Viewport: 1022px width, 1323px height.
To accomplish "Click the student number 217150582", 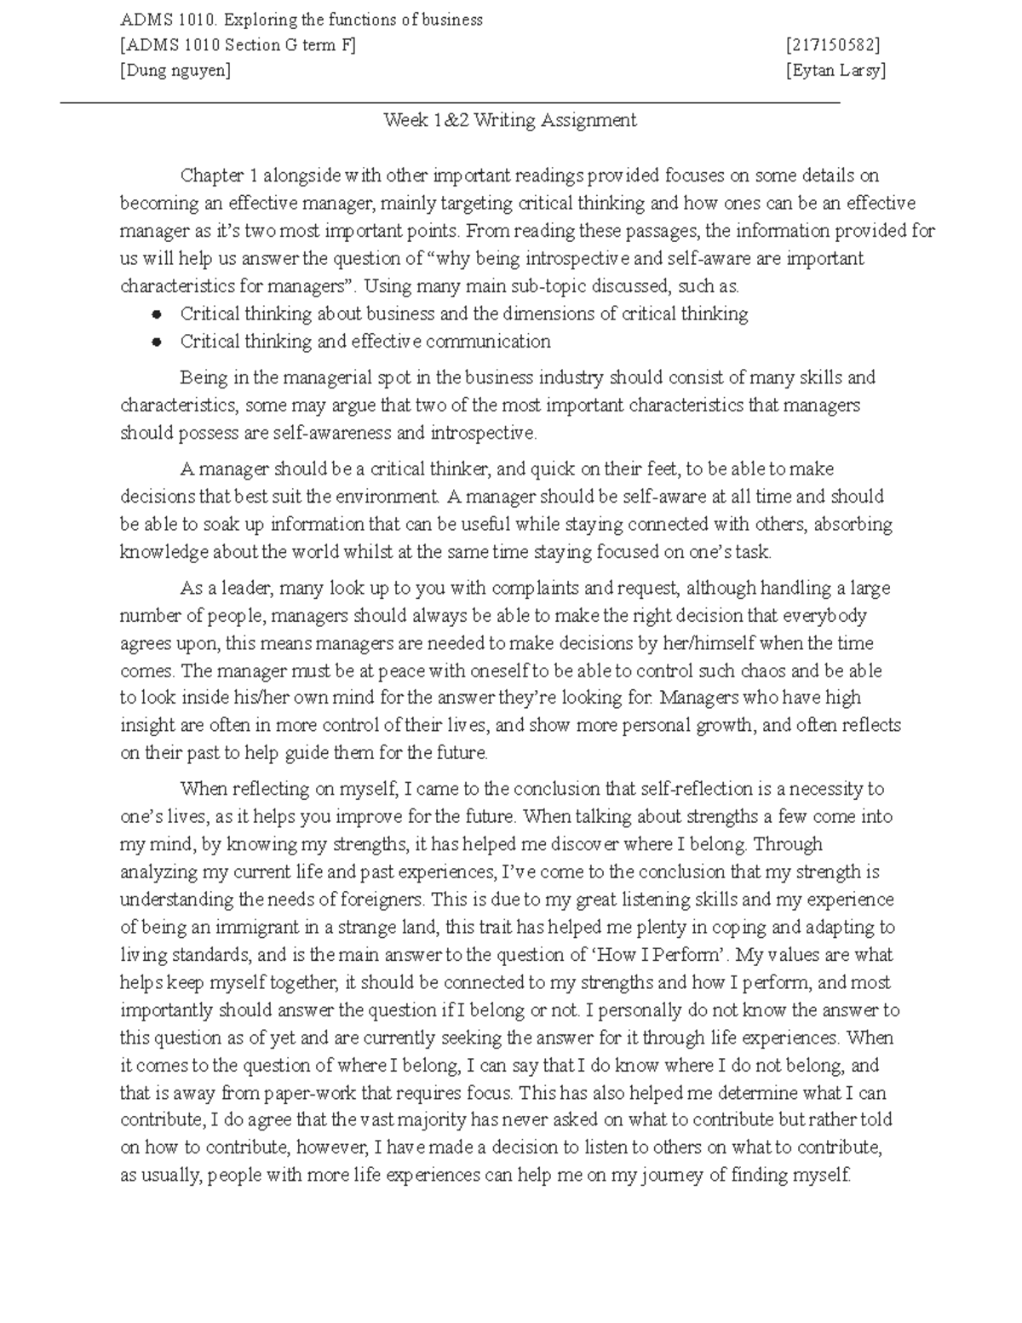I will (834, 45).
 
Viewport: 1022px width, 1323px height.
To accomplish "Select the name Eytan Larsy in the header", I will (835, 71).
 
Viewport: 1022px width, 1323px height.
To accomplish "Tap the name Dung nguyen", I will (175, 71).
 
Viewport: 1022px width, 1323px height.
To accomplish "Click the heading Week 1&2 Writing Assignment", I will (510, 120).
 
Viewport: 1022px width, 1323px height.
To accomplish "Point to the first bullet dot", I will (156, 314).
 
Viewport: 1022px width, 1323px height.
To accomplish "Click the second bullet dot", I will (156, 342).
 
